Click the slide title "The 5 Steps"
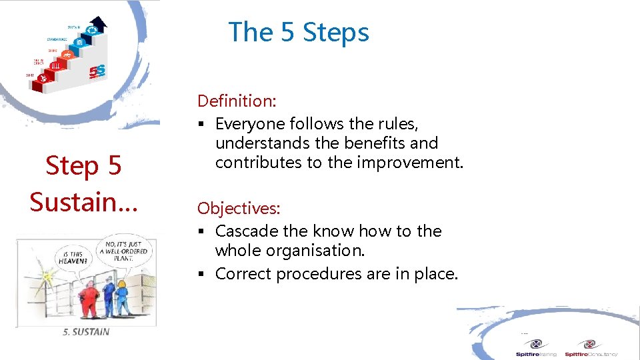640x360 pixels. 298,32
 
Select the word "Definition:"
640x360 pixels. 237,101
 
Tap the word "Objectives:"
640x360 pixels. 239,209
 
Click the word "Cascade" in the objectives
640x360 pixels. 243,231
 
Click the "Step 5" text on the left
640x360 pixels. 83,166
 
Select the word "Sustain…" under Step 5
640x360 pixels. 83,201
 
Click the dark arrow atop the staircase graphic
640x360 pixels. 99,23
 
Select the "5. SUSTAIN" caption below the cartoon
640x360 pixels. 85,331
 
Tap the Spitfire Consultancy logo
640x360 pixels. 591,348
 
